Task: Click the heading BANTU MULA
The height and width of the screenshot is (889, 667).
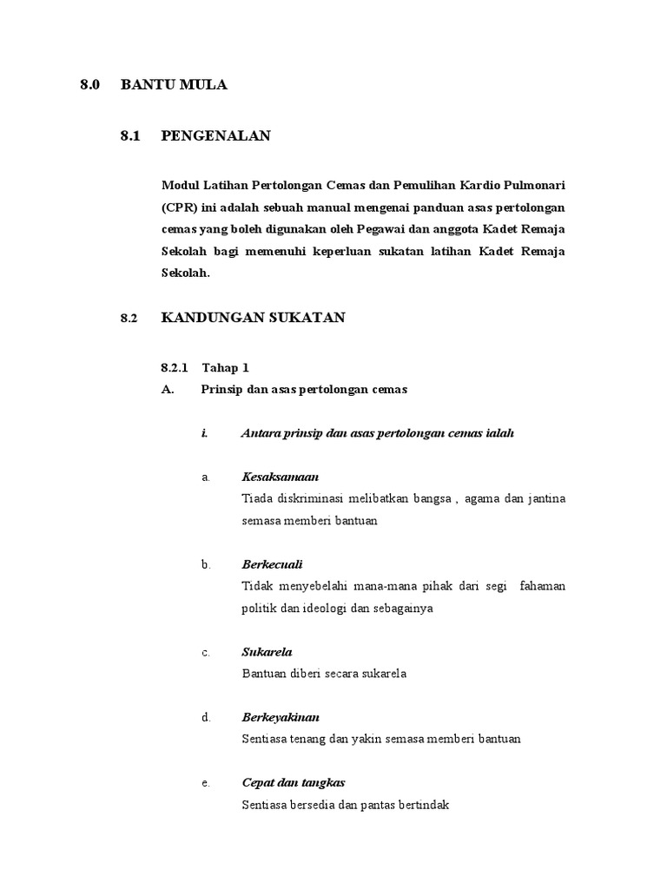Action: coord(174,84)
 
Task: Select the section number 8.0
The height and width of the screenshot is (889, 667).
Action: coord(90,84)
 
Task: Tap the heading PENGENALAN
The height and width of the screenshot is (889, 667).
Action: coord(215,135)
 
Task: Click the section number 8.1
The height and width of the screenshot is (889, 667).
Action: coord(130,135)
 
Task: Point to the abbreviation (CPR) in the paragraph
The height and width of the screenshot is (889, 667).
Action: coord(180,208)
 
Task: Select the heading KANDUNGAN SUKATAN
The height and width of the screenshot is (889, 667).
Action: coord(253,318)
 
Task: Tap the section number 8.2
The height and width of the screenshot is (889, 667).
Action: coord(129,319)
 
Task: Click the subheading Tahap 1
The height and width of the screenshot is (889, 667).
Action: coord(225,368)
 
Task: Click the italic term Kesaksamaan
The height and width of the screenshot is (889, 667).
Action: coord(280,477)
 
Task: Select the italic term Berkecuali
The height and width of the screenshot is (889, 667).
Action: coord(272,564)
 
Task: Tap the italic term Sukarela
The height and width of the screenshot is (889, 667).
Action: coord(267,651)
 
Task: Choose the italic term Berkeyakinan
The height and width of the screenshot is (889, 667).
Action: coord(281,717)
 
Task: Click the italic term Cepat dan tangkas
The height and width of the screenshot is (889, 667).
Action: coord(293,782)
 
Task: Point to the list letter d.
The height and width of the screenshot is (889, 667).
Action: coord(206,717)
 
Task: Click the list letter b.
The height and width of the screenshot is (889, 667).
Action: coord(206,564)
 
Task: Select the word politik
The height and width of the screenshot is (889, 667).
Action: coord(258,608)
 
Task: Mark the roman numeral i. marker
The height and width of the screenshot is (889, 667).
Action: coord(204,433)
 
